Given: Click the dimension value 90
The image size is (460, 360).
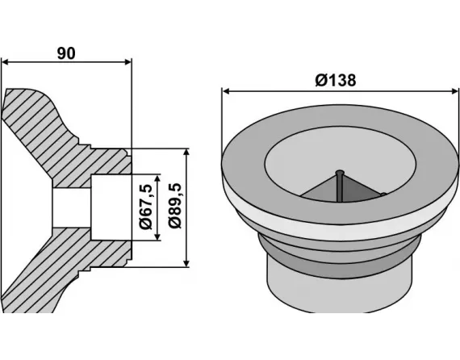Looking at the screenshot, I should (x=66, y=53).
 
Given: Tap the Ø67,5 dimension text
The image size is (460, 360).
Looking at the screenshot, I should (x=145, y=207).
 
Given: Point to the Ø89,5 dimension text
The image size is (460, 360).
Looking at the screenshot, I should (x=174, y=207).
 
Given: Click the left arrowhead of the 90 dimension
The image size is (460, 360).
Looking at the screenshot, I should (x=6, y=62).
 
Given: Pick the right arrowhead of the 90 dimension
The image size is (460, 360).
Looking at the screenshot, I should (x=126, y=62).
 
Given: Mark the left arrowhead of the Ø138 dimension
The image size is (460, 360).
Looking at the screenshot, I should (x=227, y=91).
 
